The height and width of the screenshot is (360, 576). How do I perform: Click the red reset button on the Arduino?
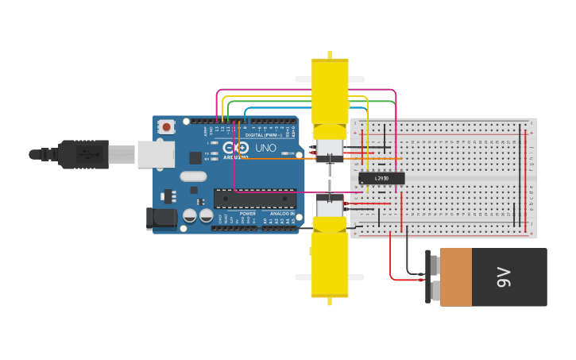pos(166,126)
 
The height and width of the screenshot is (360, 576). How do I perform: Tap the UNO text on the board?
pos(266,148)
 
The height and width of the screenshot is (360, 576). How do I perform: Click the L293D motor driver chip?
pos(381,178)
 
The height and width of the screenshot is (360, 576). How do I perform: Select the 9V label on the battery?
pos(503,277)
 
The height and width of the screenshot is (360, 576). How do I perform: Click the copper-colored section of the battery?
pos(455,277)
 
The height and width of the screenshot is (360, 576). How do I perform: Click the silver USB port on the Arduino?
pos(155,154)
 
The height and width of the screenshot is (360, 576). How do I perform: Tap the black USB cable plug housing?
pos(83,154)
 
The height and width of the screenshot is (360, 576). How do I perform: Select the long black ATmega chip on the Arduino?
pos(254,199)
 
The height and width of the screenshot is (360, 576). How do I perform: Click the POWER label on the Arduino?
pos(248,214)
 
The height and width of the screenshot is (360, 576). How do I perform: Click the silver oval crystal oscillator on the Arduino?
pos(193,176)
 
